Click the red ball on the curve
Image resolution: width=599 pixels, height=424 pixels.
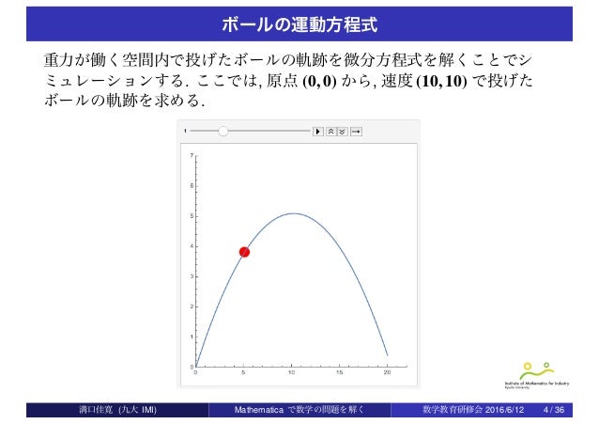[244, 252]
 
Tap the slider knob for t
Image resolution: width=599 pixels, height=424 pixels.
[223, 132]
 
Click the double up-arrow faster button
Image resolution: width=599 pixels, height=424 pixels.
[330, 132]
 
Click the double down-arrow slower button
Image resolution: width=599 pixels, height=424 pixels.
[342, 132]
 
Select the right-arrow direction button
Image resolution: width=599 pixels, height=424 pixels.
[357, 132]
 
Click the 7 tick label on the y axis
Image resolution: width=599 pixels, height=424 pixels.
[191, 155]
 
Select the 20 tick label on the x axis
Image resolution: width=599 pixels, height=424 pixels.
[387, 374]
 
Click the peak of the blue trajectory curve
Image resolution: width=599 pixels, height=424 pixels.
[293, 213]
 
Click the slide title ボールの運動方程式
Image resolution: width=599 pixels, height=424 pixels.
[299, 18]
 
